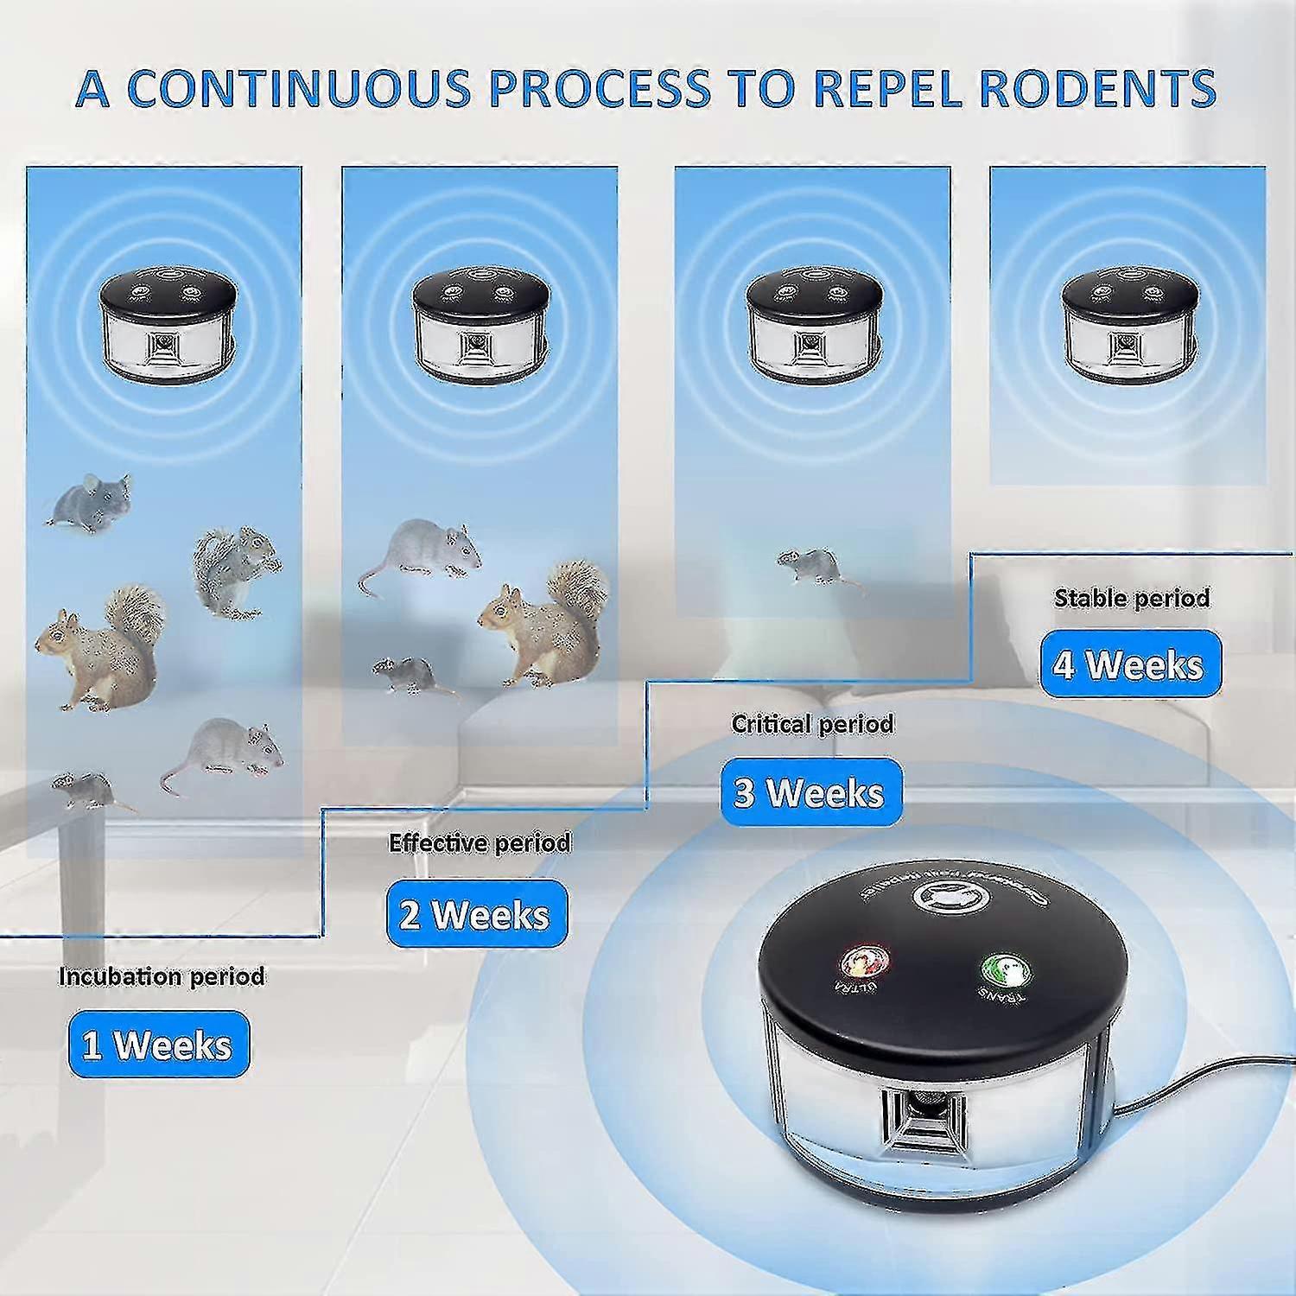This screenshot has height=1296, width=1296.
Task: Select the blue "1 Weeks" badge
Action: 158,1045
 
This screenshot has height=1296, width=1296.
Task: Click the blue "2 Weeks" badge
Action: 476,914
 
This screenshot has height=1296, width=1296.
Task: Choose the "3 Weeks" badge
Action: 810,791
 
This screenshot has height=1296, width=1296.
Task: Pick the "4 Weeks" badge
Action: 1130,664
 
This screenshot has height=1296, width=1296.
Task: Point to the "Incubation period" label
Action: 162,976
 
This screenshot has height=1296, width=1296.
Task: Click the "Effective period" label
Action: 480,842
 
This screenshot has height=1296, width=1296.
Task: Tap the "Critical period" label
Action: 812,723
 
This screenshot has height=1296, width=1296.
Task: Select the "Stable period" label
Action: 1131,597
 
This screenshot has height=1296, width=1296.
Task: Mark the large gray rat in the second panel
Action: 422,551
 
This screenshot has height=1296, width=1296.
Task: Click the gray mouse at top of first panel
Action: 91,502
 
